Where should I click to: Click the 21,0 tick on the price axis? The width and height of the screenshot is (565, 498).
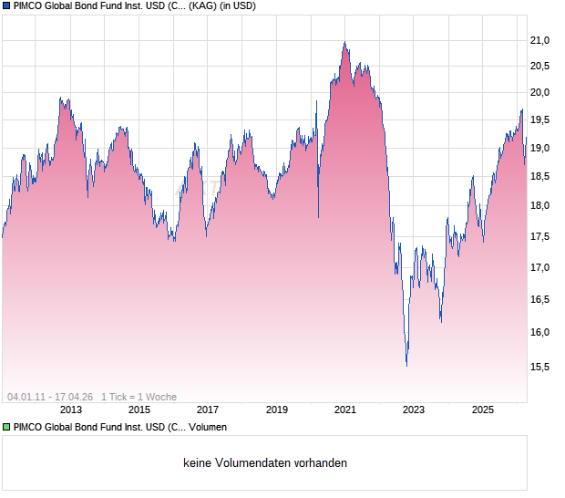[x=543, y=40]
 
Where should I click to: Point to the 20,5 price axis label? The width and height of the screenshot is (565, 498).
[x=543, y=66]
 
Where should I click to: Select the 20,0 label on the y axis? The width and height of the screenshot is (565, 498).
[x=543, y=92]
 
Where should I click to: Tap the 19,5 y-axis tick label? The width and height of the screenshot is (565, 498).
[x=543, y=119]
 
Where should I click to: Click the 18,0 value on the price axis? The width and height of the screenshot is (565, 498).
[x=543, y=206]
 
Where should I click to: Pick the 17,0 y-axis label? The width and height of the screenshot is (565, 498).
[x=543, y=268]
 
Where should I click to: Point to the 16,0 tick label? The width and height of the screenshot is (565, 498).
[x=543, y=332]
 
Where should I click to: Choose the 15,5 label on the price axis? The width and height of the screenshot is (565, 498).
[x=543, y=367]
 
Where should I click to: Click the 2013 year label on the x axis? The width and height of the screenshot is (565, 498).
[x=70, y=410]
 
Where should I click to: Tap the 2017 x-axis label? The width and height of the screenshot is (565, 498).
[x=208, y=410]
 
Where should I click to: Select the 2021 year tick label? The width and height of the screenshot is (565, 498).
[x=344, y=410]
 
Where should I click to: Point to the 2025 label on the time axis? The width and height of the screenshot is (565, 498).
[x=482, y=410]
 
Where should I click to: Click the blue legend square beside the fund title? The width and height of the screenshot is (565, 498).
[x=5, y=5]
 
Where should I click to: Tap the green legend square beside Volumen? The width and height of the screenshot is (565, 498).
[x=5, y=427]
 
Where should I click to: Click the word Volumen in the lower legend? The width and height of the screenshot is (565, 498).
[x=207, y=427]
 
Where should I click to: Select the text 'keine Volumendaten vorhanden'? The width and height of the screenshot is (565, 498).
[x=265, y=463]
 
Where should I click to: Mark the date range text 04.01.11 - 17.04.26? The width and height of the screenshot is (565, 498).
[x=50, y=397]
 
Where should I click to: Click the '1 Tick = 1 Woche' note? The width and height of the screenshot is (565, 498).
[x=139, y=397]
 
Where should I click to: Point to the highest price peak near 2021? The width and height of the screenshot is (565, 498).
[x=344, y=42]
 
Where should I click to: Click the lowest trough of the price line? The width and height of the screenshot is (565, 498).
[x=406, y=366]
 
